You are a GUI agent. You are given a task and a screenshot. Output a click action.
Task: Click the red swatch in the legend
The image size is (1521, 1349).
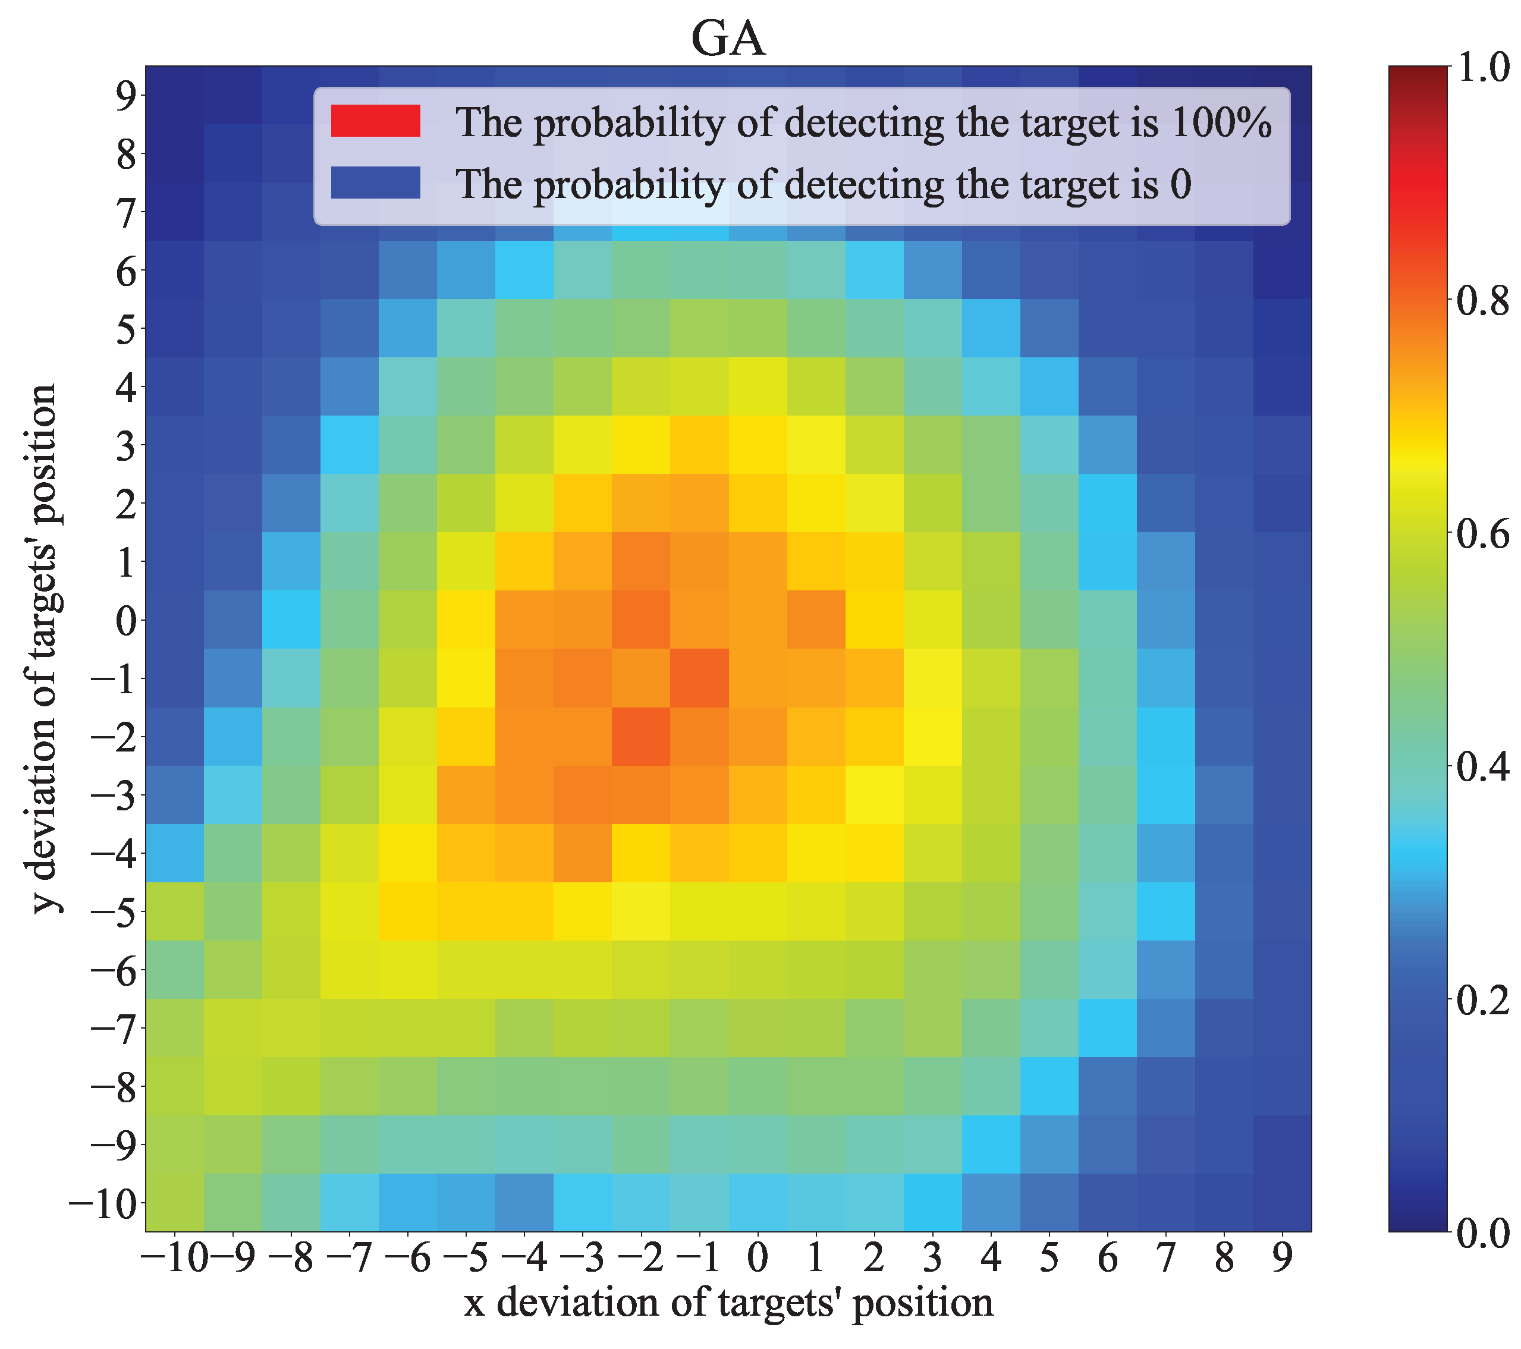(376, 121)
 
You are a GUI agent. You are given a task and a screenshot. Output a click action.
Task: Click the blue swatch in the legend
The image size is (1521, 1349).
(376, 183)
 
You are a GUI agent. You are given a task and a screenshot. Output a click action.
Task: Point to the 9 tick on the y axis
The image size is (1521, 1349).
(125, 95)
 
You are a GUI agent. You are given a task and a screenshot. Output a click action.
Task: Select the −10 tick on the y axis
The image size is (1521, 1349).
(103, 1203)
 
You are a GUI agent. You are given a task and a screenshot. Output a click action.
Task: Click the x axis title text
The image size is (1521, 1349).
(728, 1303)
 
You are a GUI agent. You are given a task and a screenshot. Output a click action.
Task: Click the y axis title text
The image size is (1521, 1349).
(45, 648)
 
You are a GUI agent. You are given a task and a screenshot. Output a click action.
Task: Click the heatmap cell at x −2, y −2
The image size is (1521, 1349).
(641, 737)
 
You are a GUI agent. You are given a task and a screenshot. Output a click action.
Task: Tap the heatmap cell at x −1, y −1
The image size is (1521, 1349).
(699, 678)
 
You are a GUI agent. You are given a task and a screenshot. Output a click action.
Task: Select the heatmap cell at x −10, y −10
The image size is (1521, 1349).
(174, 1203)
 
